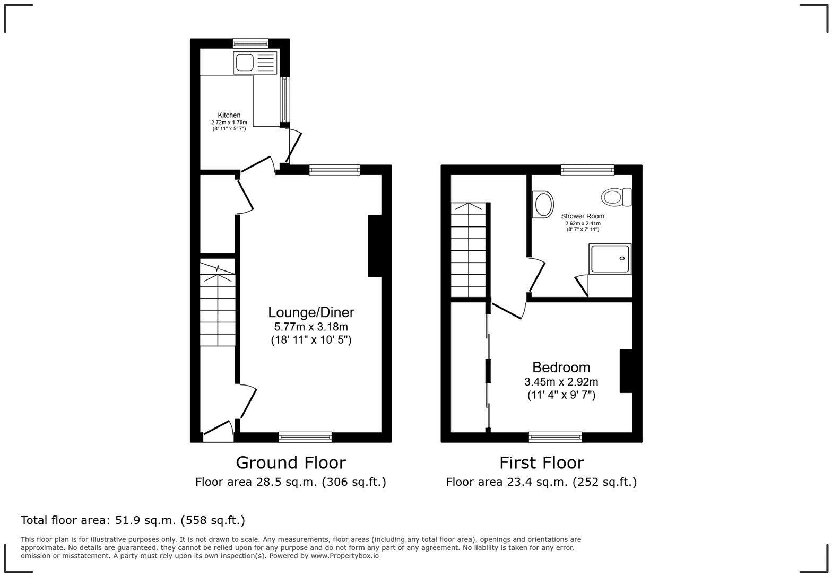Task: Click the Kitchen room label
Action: tap(229, 115)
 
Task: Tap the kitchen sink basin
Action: tap(245, 63)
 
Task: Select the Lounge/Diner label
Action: tap(311, 312)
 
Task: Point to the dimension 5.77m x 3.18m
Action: tap(311, 327)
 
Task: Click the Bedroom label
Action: tap(561, 367)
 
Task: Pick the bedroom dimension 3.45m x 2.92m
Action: tap(561, 382)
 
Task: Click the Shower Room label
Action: tap(583, 216)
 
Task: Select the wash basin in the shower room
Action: tap(542, 205)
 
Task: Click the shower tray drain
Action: tap(622, 258)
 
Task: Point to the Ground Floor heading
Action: tap(291, 462)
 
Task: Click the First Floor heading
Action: tap(541, 462)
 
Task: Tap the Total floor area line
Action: tap(133, 520)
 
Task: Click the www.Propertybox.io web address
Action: tap(344, 556)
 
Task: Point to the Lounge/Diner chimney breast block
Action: tap(375, 246)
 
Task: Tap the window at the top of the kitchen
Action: tap(250, 43)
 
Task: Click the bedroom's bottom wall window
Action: tap(555, 437)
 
